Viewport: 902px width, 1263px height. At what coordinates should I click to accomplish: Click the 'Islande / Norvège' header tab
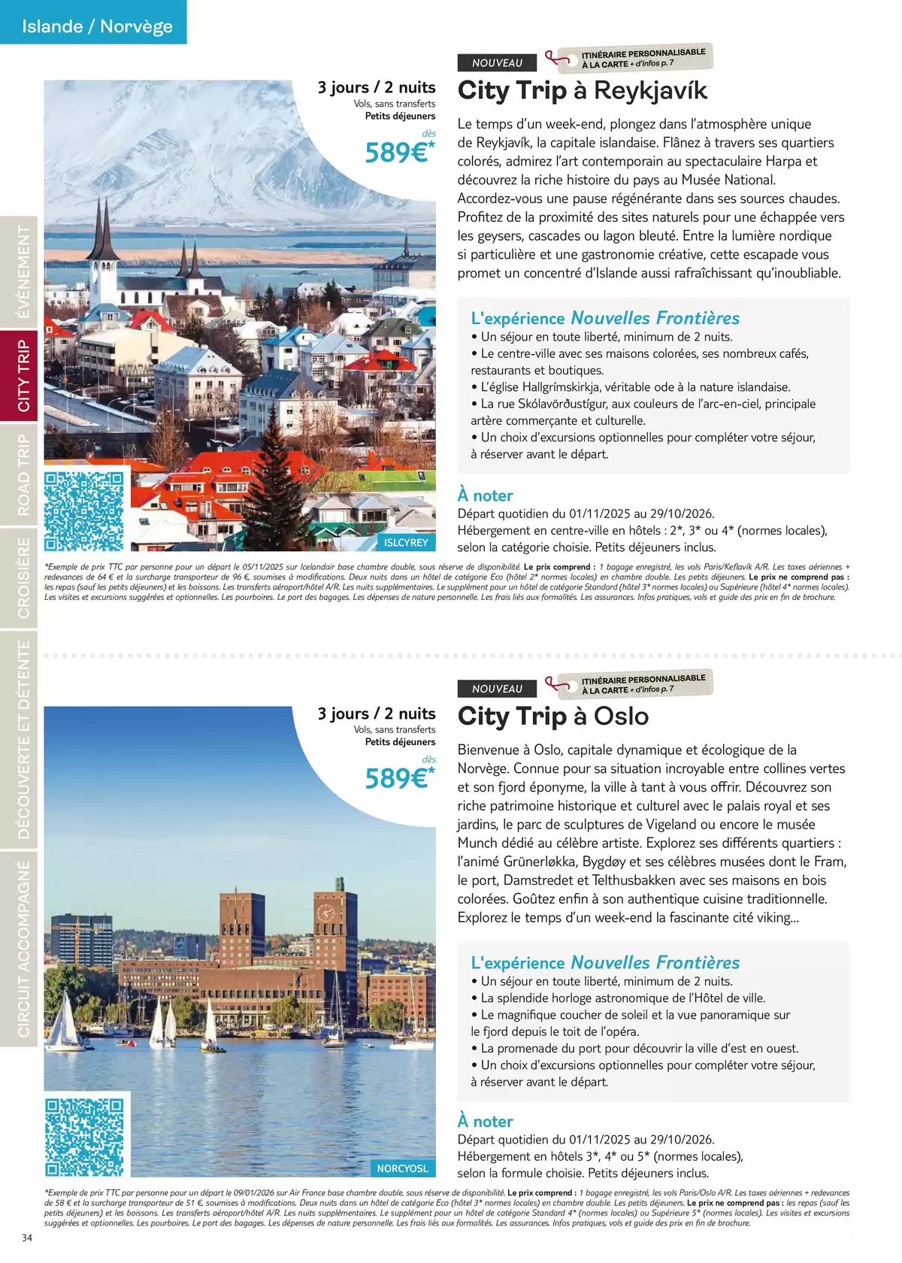97,26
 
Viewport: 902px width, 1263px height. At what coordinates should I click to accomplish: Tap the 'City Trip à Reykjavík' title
583,91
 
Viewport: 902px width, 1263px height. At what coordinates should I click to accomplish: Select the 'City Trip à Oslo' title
553,716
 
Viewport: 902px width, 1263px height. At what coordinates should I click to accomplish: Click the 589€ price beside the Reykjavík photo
398,153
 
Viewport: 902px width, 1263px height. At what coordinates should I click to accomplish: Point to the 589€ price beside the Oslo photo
398,778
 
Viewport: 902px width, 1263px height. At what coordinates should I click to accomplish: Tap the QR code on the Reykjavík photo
83,511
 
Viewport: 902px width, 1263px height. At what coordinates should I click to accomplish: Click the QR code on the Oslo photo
83,1137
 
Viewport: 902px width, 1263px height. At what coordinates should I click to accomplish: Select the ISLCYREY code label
406,542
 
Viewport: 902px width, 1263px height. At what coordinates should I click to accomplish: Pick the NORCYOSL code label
402,1168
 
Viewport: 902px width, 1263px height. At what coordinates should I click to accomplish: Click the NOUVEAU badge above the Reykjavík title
497,63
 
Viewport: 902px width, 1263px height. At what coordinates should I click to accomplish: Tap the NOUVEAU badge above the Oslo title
497,689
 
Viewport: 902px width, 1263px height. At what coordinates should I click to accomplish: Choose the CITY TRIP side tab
23,376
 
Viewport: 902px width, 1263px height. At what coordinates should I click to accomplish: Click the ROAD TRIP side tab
23,475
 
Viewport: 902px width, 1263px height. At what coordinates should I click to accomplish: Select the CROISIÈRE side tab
23,577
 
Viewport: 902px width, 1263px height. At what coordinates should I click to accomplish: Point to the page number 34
27,1238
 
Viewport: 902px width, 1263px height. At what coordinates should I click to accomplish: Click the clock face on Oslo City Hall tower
326,913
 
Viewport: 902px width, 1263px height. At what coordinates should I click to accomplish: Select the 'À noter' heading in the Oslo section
486,1121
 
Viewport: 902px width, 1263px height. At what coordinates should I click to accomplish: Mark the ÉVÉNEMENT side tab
23,272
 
